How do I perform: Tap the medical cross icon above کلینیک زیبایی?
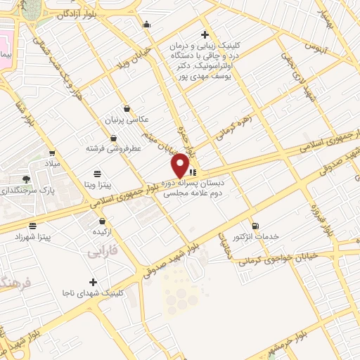coord(205,35)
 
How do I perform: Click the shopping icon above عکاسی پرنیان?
coord(127,109)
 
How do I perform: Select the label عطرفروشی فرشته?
coord(115,148)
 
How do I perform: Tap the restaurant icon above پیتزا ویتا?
coord(97,173)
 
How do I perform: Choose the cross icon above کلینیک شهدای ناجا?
coord(93,282)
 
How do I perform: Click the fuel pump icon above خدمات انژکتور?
coord(255,226)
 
